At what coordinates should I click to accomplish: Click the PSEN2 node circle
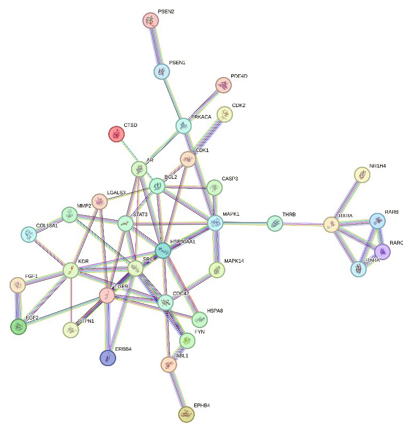tap(151, 21)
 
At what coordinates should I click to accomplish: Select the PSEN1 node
tap(162, 71)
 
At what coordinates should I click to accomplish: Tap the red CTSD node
tap(116, 134)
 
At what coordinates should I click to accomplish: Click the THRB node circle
tap(275, 223)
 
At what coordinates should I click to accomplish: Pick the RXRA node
tap(332, 224)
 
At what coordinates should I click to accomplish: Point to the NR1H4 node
tap(362, 174)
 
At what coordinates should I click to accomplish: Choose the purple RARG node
tap(382, 251)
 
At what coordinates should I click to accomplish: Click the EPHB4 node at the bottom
tap(186, 414)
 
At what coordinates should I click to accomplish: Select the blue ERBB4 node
tap(108, 358)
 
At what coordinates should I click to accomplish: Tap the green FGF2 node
tap(19, 326)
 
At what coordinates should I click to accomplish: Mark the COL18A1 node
tap(28, 234)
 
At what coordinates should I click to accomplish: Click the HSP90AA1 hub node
tap(163, 250)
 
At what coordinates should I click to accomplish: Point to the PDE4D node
tap(224, 85)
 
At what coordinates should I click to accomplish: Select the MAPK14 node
tap(217, 270)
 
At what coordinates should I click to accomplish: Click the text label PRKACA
tap(201, 117)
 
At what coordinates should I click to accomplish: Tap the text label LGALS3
tap(116, 192)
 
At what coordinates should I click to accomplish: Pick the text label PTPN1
tap(86, 321)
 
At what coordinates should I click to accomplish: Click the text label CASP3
tap(230, 178)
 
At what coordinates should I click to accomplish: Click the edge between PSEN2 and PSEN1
tap(156, 46)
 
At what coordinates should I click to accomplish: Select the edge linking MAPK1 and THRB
tap(245, 223)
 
